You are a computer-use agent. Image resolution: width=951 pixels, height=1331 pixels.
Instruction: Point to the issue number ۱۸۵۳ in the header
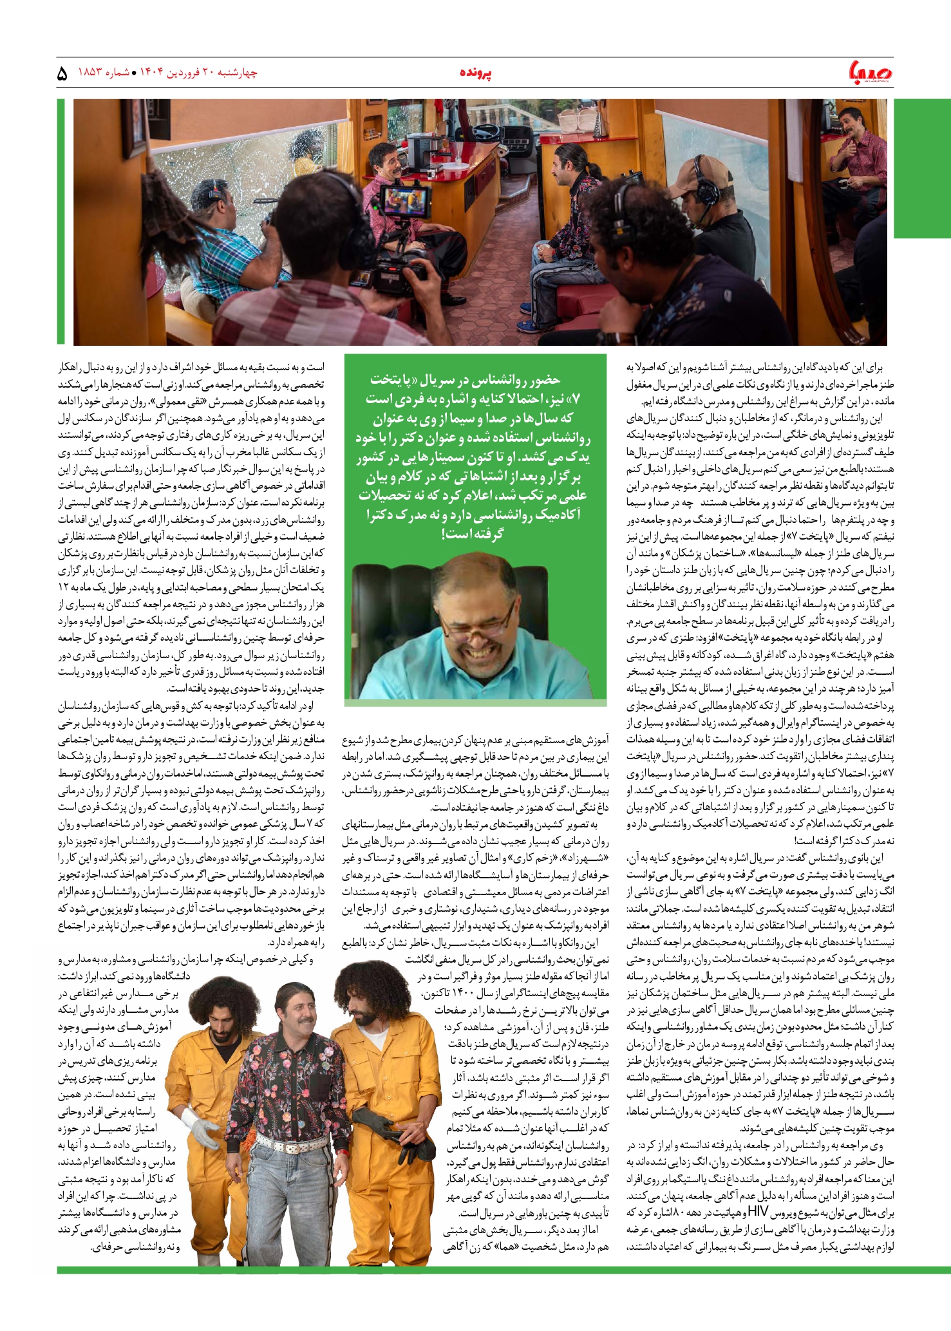click(x=90, y=72)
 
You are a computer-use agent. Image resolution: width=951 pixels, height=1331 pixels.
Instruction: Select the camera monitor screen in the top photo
click(x=405, y=201)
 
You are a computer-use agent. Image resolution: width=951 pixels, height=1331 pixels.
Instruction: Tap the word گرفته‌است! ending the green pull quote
click(x=473, y=533)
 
